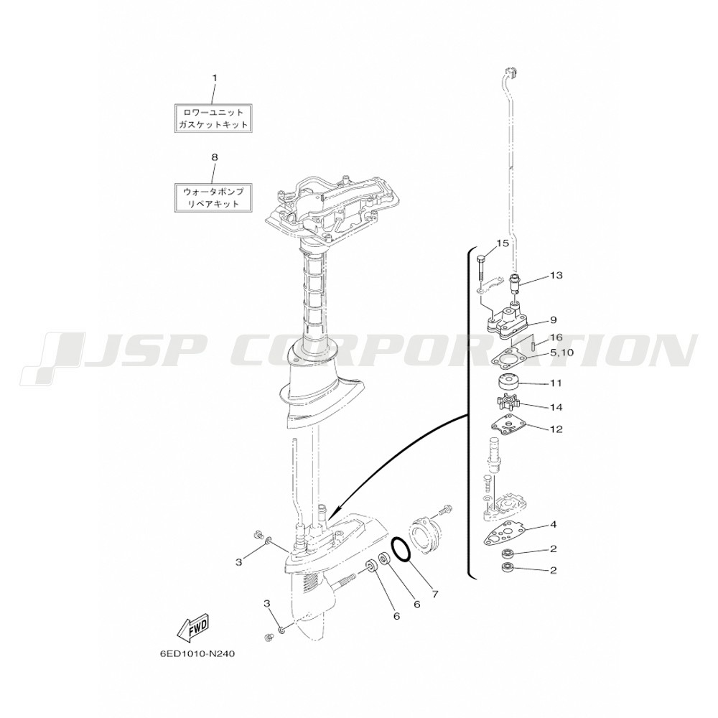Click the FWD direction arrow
[194, 628]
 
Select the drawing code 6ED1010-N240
[197, 654]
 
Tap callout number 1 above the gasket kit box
[214, 78]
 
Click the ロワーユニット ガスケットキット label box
[214, 118]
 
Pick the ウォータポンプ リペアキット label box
[214, 198]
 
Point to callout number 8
[214, 157]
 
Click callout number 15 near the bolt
[503, 243]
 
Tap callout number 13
[556, 275]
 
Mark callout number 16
[556, 338]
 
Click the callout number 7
[435, 594]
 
